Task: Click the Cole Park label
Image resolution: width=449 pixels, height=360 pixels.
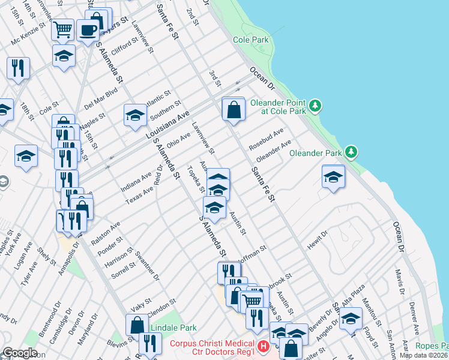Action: pos(251,40)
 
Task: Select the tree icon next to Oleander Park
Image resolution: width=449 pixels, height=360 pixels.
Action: pos(353,153)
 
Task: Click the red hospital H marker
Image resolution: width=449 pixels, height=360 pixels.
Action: pos(262,347)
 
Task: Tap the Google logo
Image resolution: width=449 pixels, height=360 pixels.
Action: pos(20,353)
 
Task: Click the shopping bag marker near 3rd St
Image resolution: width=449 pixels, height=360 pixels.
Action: pos(233,110)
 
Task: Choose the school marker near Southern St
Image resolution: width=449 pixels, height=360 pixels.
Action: pos(135,115)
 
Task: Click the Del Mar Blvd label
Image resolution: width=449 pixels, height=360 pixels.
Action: pos(100,95)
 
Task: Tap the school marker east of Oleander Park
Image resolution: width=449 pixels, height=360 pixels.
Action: pos(333,177)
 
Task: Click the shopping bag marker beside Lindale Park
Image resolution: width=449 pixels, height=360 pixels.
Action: pos(137,325)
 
